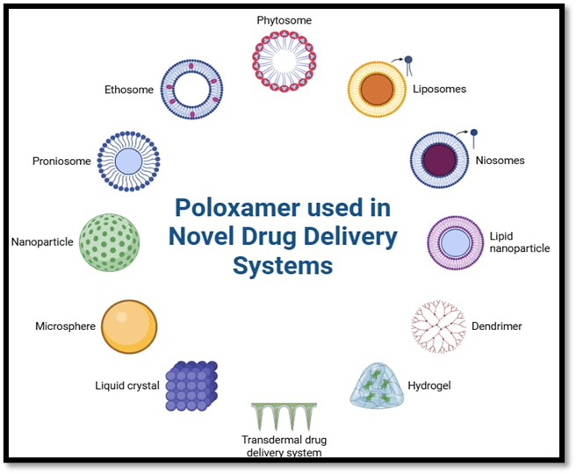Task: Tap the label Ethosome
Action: click(129, 90)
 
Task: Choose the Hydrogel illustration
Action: click(378, 387)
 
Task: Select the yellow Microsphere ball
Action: click(129, 326)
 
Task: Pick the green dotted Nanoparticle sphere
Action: click(109, 241)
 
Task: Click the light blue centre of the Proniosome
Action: click(128, 161)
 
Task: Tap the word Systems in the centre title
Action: click(282, 265)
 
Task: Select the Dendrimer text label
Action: click(496, 327)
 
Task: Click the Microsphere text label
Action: click(64, 327)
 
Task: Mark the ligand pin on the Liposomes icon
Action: click(408, 61)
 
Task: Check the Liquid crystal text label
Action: click(127, 385)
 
